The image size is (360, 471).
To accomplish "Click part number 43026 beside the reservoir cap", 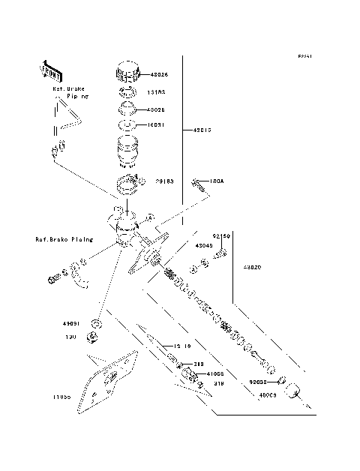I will click(x=160, y=75).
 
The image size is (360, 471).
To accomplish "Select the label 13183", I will click(x=156, y=93).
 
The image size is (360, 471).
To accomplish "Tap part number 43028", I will click(x=156, y=109).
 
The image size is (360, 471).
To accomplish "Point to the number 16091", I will click(x=156, y=125).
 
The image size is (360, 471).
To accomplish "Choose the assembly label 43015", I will click(x=202, y=130).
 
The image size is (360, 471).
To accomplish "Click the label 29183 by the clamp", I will click(x=164, y=181).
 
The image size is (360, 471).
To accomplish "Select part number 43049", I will click(x=204, y=245).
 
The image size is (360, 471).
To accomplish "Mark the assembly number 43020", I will click(x=252, y=266).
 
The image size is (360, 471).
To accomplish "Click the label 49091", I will click(x=72, y=325).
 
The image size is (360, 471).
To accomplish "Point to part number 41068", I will click(x=215, y=373).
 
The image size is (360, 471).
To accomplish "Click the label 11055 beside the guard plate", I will click(x=62, y=396).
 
